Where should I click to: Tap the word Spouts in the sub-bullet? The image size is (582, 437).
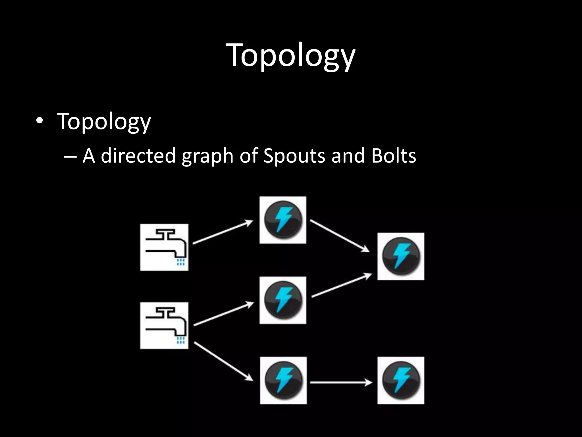294,156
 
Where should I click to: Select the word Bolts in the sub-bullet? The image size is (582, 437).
394,156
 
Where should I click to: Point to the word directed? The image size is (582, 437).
138,156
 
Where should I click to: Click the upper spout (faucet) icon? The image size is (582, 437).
164,247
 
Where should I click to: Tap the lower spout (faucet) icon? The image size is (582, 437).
164,325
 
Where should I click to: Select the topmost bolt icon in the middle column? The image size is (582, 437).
283,220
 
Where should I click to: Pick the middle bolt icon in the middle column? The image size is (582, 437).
283,300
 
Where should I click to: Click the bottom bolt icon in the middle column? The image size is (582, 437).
283,380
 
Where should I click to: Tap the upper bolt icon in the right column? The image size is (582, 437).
401,256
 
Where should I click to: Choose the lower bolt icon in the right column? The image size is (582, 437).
401,380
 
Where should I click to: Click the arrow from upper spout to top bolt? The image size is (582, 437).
223,232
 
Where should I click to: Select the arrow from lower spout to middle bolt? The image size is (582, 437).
224,314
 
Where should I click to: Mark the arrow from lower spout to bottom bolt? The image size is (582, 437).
223,361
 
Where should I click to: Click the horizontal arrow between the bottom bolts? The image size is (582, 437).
341,383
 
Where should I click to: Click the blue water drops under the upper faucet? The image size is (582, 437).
181,262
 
